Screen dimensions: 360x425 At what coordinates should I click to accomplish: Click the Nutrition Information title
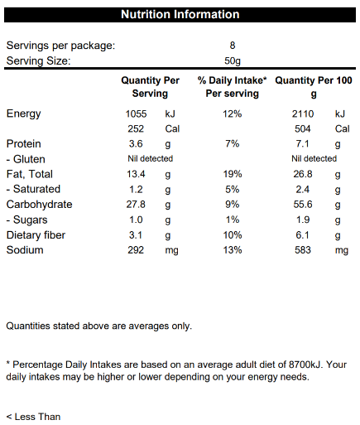[x=180, y=14]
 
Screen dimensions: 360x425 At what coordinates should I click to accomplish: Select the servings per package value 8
[x=233, y=46]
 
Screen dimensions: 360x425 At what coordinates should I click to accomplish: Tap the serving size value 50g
[x=233, y=60]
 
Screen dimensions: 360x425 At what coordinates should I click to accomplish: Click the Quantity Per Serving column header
[x=150, y=87]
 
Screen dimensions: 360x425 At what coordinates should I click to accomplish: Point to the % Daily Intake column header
[x=233, y=87]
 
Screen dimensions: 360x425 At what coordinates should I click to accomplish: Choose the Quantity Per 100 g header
[x=314, y=87]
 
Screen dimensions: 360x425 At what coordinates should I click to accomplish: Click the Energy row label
[x=23, y=113]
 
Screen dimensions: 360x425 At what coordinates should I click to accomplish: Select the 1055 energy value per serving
[x=136, y=113]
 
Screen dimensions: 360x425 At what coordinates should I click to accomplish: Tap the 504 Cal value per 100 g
[x=303, y=128]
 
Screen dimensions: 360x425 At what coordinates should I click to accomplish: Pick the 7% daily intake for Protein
[x=233, y=144]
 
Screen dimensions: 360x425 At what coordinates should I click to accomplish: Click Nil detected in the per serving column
[x=151, y=158]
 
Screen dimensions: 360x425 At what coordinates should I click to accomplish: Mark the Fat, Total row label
[x=30, y=174]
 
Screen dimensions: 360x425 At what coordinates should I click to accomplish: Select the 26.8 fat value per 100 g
[x=303, y=174]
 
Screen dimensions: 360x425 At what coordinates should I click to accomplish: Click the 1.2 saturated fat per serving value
[x=136, y=189]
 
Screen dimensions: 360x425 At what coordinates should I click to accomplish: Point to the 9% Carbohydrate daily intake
[x=233, y=205]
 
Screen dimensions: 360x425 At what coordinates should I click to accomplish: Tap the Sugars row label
[x=27, y=220]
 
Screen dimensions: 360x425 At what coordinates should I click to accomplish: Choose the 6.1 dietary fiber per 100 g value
[x=302, y=235]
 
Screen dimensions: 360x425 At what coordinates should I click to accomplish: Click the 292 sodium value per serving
[x=136, y=250]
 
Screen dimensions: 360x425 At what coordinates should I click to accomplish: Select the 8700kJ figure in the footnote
[x=305, y=365]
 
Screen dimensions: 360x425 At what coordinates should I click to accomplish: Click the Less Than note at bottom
[x=33, y=417]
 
